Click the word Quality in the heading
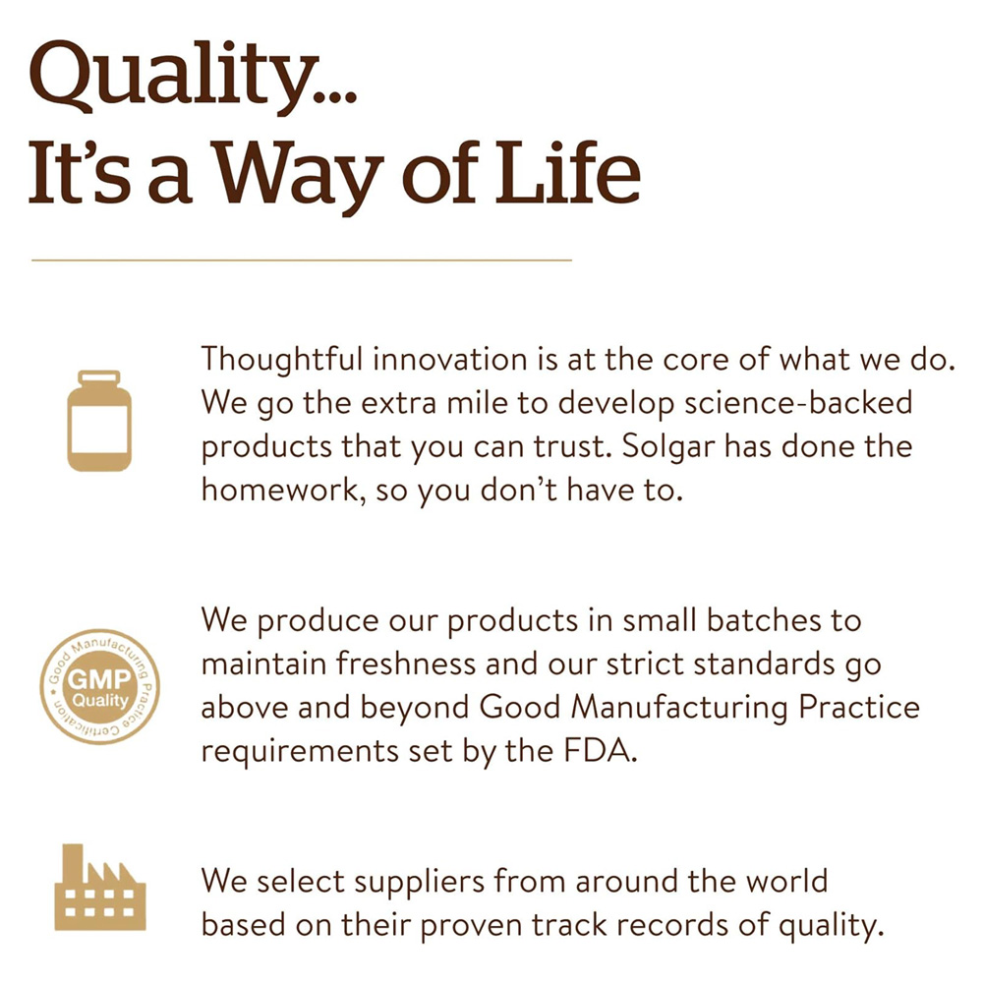click(x=173, y=78)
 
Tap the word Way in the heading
click(x=300, y=173)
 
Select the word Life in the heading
click(x=568, y=171)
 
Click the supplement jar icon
click(x=99, y=420)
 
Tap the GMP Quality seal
click(x=99, y=686)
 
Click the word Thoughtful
click(x=282, y=360)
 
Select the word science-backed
click(x=798, y=403)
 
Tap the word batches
click(x=764, y=620)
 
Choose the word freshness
click(x=406, y=664)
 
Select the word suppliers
click(x=420, y=883)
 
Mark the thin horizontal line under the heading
click(x=302, y=260)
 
